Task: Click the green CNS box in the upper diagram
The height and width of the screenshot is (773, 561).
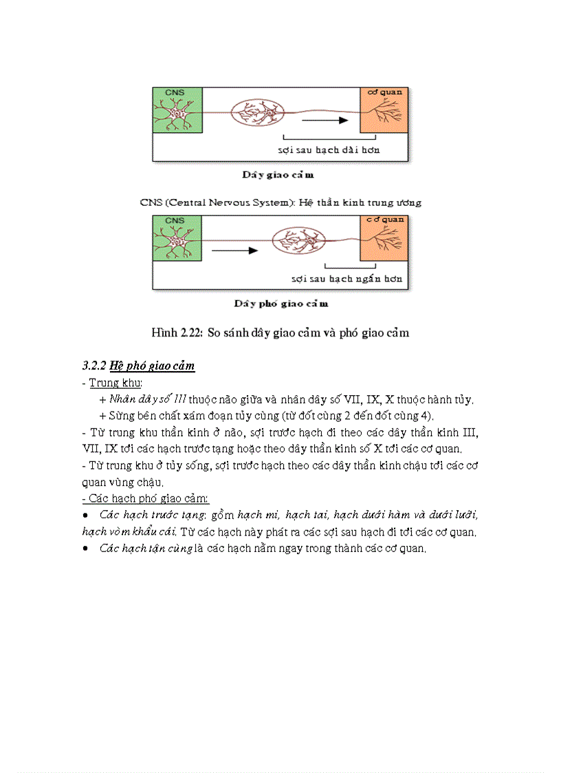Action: coord(177,109)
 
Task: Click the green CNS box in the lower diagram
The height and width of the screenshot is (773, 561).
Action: coord(177,237)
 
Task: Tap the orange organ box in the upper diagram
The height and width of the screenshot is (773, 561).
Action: coord(384,109)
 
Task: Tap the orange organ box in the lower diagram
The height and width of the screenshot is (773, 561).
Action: coord(384,237)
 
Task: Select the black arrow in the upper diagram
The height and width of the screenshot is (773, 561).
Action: coord(324,120)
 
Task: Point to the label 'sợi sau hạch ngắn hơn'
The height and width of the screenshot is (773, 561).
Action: coord(346,279)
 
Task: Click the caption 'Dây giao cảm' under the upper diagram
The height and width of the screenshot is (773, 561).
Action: coord(278,175)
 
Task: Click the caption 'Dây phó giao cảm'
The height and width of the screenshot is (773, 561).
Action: coord(280,304)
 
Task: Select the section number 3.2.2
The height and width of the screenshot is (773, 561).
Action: coord(94,366)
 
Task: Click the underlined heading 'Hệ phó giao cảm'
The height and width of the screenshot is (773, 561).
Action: coord(153,366)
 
